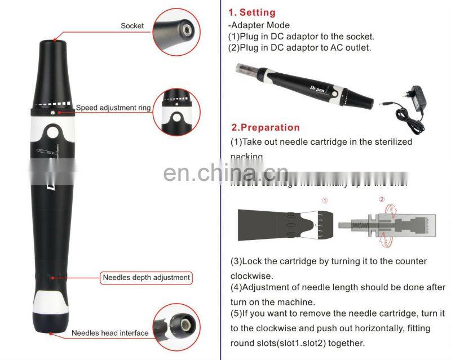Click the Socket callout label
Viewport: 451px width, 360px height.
point(132,26)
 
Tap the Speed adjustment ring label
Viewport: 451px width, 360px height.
point(113,107)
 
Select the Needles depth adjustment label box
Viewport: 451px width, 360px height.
point(147,277)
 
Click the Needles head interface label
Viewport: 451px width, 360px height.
point(110,333)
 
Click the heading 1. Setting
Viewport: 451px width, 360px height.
point(252,12)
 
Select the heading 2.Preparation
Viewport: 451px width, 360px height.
point(266,127)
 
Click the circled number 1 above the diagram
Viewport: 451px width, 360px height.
point(324,199)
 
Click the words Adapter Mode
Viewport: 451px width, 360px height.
point(259,25)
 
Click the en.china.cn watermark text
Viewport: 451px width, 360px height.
point(225,173)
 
